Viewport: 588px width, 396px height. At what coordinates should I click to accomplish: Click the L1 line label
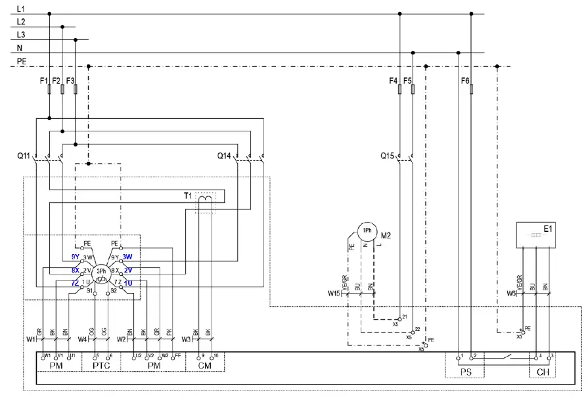point(21,9)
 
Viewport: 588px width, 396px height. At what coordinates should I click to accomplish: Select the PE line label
point(22,61)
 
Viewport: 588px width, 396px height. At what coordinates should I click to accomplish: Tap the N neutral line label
point(20,48)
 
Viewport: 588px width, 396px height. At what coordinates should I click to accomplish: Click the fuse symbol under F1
point(49,89)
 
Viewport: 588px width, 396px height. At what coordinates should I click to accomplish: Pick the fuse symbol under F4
point(400,89)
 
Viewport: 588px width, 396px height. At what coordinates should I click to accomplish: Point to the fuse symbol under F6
point(471,89)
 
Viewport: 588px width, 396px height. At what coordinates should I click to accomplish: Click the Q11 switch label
point(24,156)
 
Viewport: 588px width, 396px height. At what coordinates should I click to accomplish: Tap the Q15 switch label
point(388,156)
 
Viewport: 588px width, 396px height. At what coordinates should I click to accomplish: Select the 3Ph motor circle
point(101,272)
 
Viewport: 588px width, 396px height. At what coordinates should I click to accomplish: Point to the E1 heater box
point(537,234)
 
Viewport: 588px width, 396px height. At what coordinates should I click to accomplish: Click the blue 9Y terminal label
point(76,257)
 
